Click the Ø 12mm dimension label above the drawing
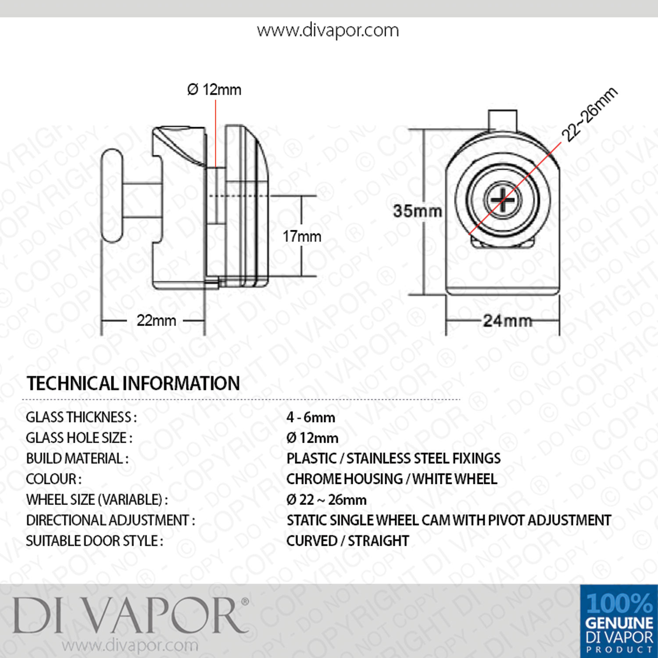click(214, 89)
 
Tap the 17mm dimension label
click(302, 236)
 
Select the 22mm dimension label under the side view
click(156, 320)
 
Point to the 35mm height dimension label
click(417, 211)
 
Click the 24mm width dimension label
click(508, 321)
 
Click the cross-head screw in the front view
click(503, 200)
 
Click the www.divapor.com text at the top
click(328, 31)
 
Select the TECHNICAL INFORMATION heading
click(133, 383)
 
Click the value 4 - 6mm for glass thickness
click(311, 417)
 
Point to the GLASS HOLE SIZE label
click(79, 438)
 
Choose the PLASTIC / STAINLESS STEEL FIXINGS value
click(393, 458)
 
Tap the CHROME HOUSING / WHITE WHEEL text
click(392, 479)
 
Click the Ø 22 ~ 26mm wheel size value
click(326, 500)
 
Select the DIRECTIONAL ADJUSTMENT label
click(111, 520)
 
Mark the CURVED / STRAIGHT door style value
click(347, 541)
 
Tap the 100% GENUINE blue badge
click(619, 621)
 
